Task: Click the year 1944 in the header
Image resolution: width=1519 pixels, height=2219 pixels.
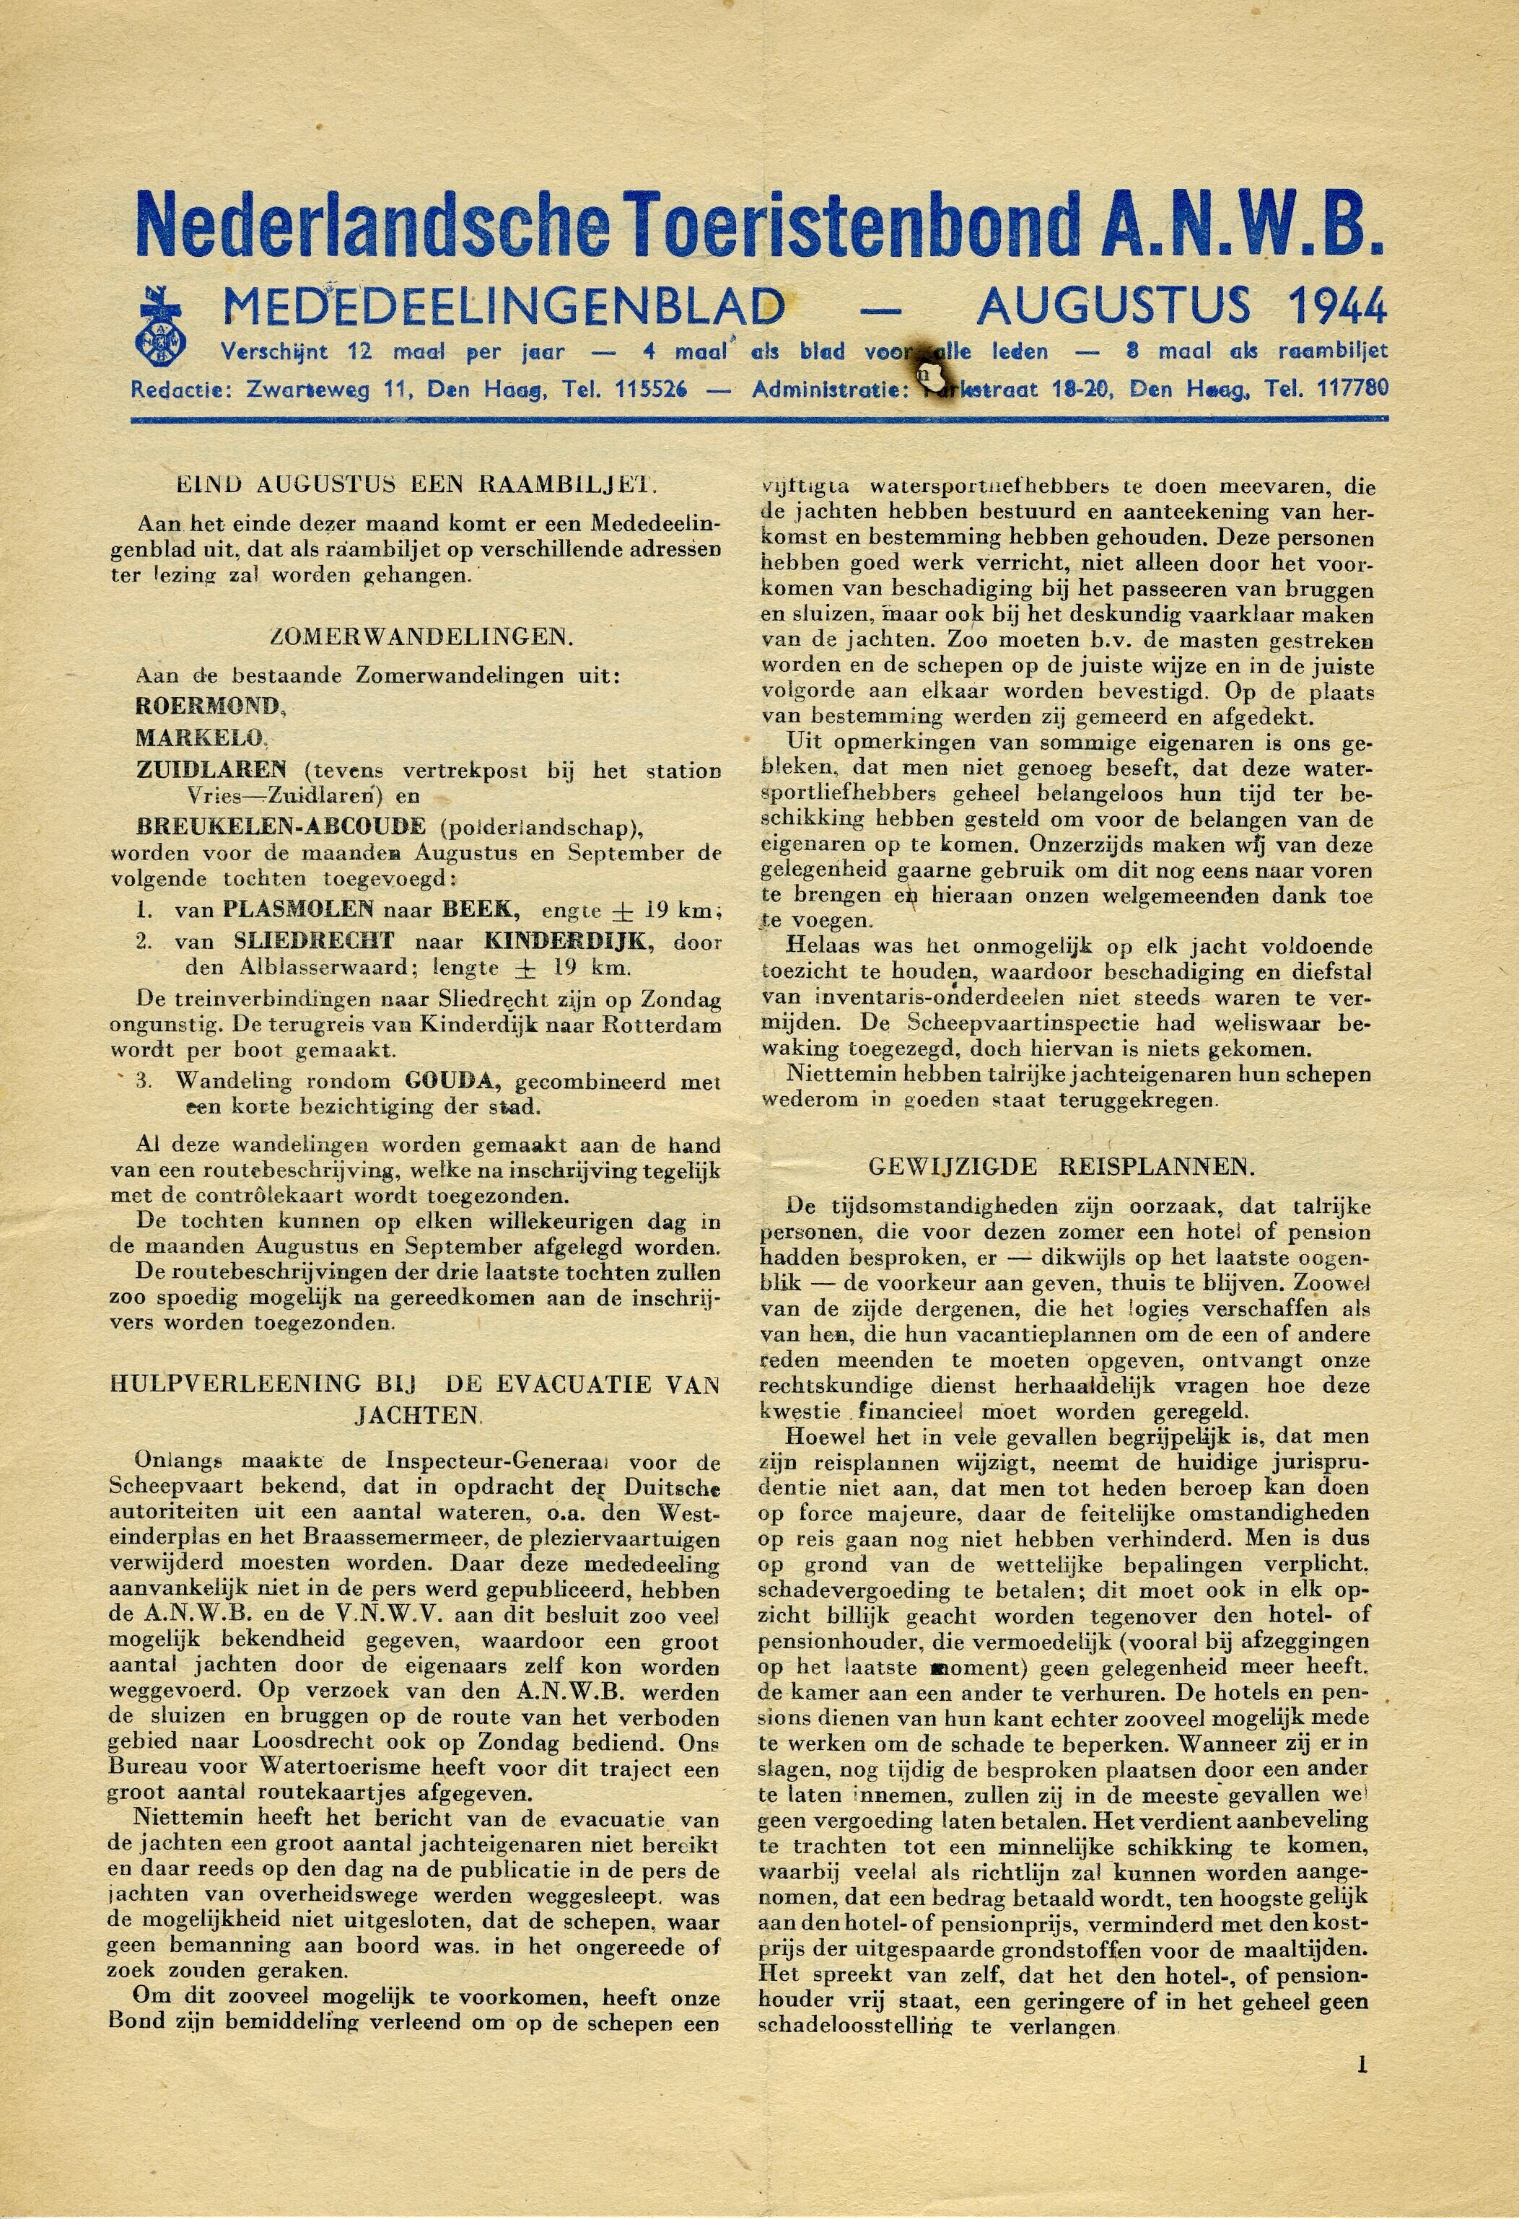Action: click(1336, 307)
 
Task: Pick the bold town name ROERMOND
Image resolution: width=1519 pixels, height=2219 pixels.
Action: click(210, 706)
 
